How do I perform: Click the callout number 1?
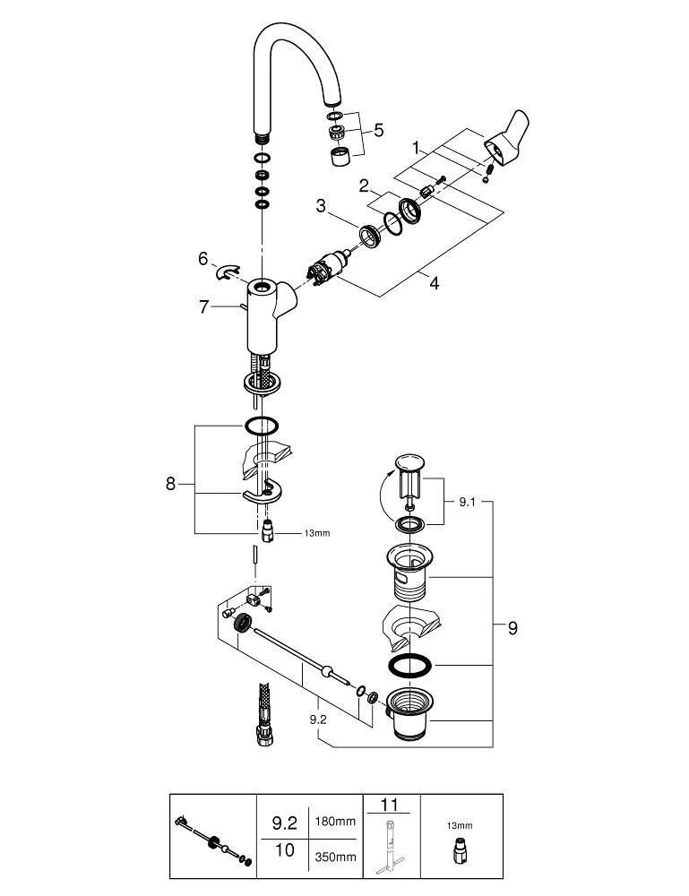point(416,146)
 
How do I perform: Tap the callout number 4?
point(434,283)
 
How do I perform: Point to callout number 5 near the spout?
point(378,130)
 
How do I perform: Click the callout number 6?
point(202,258)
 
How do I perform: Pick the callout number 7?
point(204,306)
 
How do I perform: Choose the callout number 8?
point(170,484)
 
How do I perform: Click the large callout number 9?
point(512,628)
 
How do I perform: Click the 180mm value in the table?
point(333,820)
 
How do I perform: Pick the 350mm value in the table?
point(333,857)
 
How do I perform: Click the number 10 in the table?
point(283,850)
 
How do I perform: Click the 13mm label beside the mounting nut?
point(292,533)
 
